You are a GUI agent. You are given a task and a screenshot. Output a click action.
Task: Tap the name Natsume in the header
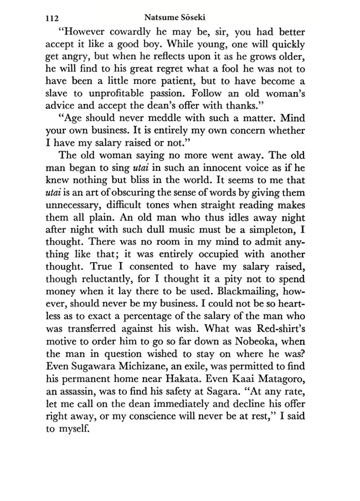pyautogui.click(x=160, y=17)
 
